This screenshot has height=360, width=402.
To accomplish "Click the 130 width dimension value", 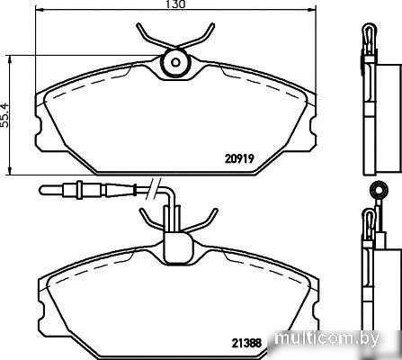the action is pyautogui.click(x=176, y=4).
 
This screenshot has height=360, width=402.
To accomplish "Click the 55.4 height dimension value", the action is pyautogui.click(x=5, y=115).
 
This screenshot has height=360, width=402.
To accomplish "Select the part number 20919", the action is pyautogui.click(x=239, y=158).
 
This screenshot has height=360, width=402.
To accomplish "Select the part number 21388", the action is pyautogui.click(x=247, y=342).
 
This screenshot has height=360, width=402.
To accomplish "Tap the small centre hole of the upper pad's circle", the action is pyautogui.click(x=175, y=62).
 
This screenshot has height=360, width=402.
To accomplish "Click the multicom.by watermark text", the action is pyautogui.click(x=327, y=338).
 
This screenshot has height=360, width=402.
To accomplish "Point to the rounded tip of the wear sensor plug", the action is pyautogui.click(x=42, y=190).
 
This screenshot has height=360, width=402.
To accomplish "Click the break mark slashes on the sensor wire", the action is pyautogui.click(x=153, y=189).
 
